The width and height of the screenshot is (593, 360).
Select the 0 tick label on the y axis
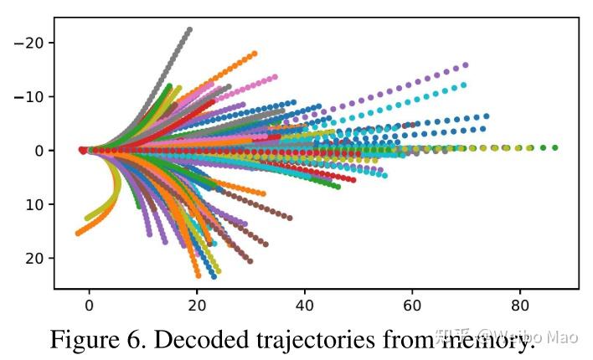tap(39, 151)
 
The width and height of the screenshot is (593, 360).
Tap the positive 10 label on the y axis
tap(34, 204)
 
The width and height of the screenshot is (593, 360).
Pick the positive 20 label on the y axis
tap(34, 258)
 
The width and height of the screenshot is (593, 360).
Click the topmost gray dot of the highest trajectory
tap(189, 30)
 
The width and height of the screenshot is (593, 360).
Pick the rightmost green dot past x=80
tap(554, 147)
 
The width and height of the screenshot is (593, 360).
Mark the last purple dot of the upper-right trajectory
tap(466, 64)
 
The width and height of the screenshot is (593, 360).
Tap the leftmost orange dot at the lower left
tap(78, 233)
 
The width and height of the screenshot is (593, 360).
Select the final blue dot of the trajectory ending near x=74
tap(486, 116)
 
